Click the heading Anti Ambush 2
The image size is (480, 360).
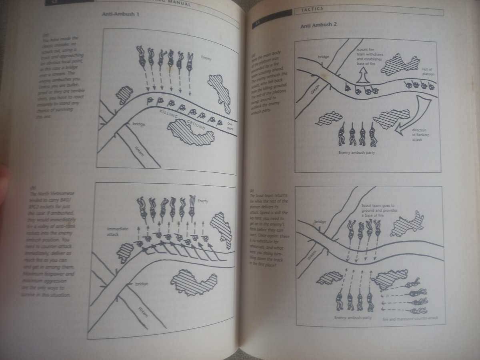[318, 25]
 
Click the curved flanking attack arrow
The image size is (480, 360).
[416, 116]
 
